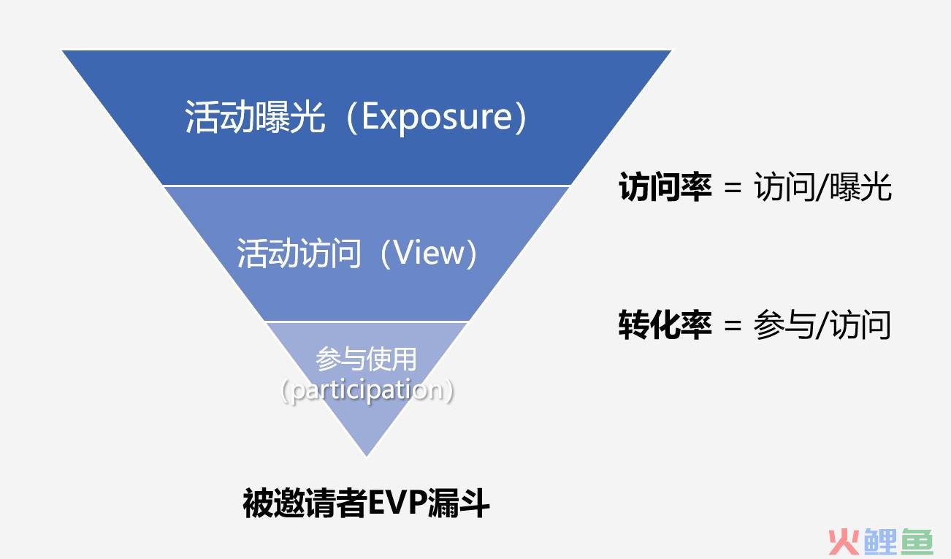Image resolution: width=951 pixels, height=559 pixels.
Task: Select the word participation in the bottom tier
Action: click(x=367, y=390)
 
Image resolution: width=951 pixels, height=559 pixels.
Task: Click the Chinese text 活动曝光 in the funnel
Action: click(x=255, y=116)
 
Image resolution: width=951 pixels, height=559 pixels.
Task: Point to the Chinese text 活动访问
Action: click(x=299, y=253)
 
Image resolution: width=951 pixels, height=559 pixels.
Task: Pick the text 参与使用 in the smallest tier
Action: click(x=366, y=359)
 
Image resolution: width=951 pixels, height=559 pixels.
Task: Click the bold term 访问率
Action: click(x=665, y=186)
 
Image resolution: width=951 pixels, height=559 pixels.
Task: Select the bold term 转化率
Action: click(x=665, y=325)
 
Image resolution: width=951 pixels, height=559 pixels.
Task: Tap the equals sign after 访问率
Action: click(x=733, y=187)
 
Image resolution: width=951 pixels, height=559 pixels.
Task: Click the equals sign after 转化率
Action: click(x=733, y=326)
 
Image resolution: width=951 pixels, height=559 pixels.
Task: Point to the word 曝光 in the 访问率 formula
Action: click(x=860, y=186)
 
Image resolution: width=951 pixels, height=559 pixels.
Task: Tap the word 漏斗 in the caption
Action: click(x=459, y=503)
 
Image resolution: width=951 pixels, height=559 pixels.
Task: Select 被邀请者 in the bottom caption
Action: click(x=305, y=503)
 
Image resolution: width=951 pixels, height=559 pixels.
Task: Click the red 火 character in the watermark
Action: click(x=843, y=541)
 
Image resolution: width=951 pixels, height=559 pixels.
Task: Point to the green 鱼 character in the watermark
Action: click(x=917, y=541)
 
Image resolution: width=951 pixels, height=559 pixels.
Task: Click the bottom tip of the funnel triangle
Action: click(x=367, y=457)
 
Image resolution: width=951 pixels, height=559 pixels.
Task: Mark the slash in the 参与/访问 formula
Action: click(x=822, y=326)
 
